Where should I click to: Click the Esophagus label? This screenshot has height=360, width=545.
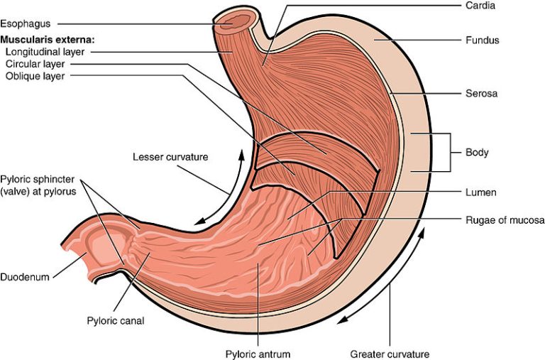coord(26,23)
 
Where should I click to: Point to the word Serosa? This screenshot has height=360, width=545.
coord(481,93)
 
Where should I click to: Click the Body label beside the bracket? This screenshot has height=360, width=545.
coord(477,153)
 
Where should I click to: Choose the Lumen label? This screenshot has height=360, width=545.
coord(480,192)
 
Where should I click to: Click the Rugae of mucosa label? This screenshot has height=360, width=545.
coord(505,220)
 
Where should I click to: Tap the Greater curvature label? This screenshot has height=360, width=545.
coord(390,354)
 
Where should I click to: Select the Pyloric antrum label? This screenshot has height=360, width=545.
coord(258,354)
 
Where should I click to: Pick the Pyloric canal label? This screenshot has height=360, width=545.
coord(116,320)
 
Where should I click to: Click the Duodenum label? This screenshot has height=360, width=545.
coord(25,277)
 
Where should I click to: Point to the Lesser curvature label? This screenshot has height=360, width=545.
coord(170,157)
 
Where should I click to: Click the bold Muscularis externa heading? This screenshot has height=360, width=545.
coord(48,40)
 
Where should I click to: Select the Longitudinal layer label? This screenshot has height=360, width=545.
coord(45,52)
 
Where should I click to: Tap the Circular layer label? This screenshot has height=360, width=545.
coord(35,65)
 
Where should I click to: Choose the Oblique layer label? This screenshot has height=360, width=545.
coord(35,76)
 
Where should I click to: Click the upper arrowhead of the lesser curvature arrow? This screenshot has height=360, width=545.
coord(241,154)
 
